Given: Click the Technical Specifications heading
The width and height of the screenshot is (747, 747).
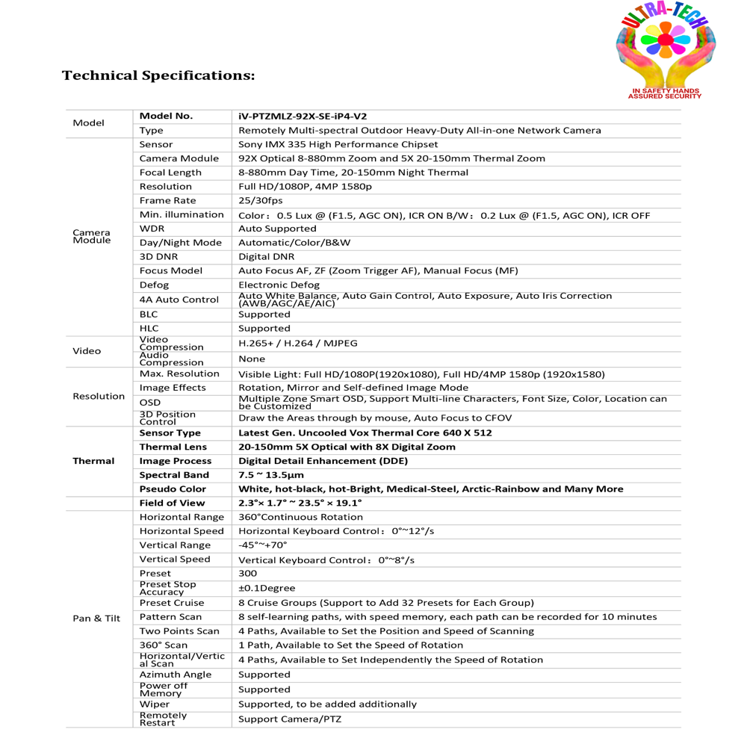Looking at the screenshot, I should coord(158,75).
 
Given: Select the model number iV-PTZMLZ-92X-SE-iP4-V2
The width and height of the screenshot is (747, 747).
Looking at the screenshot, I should coord(303,116).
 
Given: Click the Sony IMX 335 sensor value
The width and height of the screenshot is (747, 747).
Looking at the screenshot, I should coord(338,144).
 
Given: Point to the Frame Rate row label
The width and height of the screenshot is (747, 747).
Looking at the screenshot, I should coord(167,200).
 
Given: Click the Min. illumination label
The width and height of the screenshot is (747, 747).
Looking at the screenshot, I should coord(182,214).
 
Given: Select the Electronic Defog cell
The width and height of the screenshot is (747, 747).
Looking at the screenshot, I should coord(279,285).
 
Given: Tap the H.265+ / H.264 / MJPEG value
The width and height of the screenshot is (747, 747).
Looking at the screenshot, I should coord(297,344).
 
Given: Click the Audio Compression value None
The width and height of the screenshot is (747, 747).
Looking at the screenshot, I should coord(251,359).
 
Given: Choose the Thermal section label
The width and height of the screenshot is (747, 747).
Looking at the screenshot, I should coord(93,461).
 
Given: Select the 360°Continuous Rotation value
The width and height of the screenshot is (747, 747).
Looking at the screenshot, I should coord(300,517).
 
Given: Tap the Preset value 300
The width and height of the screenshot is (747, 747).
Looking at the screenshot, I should coord(247,574).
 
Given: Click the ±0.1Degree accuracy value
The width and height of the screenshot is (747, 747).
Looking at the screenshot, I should coord(267,588).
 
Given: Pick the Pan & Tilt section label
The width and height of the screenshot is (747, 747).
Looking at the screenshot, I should coord(96,619).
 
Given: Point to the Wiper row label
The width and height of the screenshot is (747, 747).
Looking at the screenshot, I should coord(155,704).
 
